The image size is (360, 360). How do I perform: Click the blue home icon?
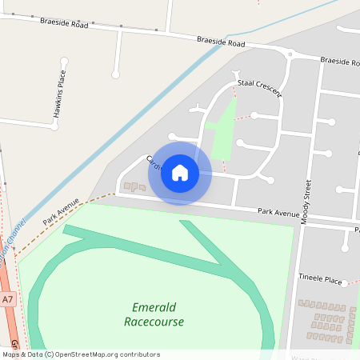tap(180, 173)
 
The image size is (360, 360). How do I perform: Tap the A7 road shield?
tap(8, 299)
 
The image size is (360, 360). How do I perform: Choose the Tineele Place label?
tap(320, 281)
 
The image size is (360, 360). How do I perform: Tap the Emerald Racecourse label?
tap(154, 314)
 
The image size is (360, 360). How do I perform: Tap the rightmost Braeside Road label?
tap(339, 62)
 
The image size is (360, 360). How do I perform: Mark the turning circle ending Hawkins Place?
tap(116, 74)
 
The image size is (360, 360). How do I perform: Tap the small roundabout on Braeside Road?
tap(290, 54)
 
